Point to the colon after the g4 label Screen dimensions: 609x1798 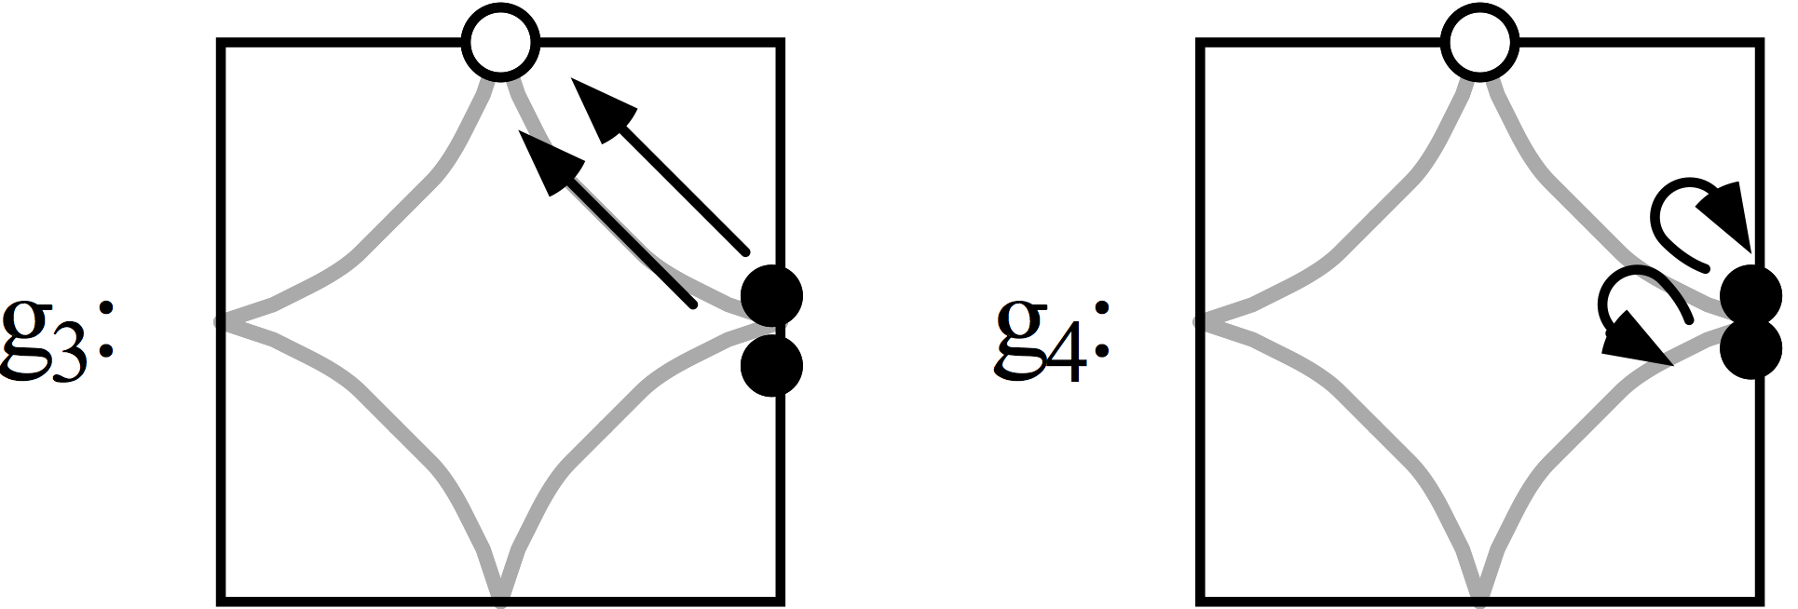(x=1103, y=331)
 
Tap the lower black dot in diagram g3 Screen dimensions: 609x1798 (x=771, y=366)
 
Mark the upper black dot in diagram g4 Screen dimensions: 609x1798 (x=1751, y=296)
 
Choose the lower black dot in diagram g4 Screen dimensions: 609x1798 (x=1751, y=348)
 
